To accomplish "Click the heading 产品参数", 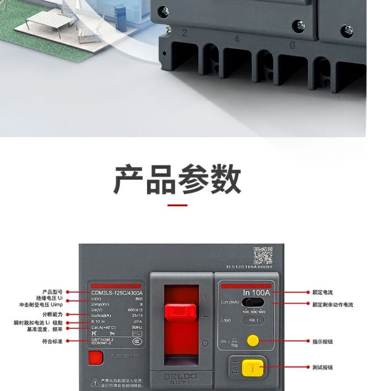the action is click(x=177, y=179).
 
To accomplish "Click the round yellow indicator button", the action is click(x=253, y=340).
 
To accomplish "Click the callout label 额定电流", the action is click(x=323, y=292).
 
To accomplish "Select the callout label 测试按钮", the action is click(x=323, y=367).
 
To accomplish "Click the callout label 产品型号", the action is click(x=53, y=292).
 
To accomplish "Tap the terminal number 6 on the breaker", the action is click(x=292, y=45).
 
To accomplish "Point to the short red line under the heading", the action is click(x=177, y=205).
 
